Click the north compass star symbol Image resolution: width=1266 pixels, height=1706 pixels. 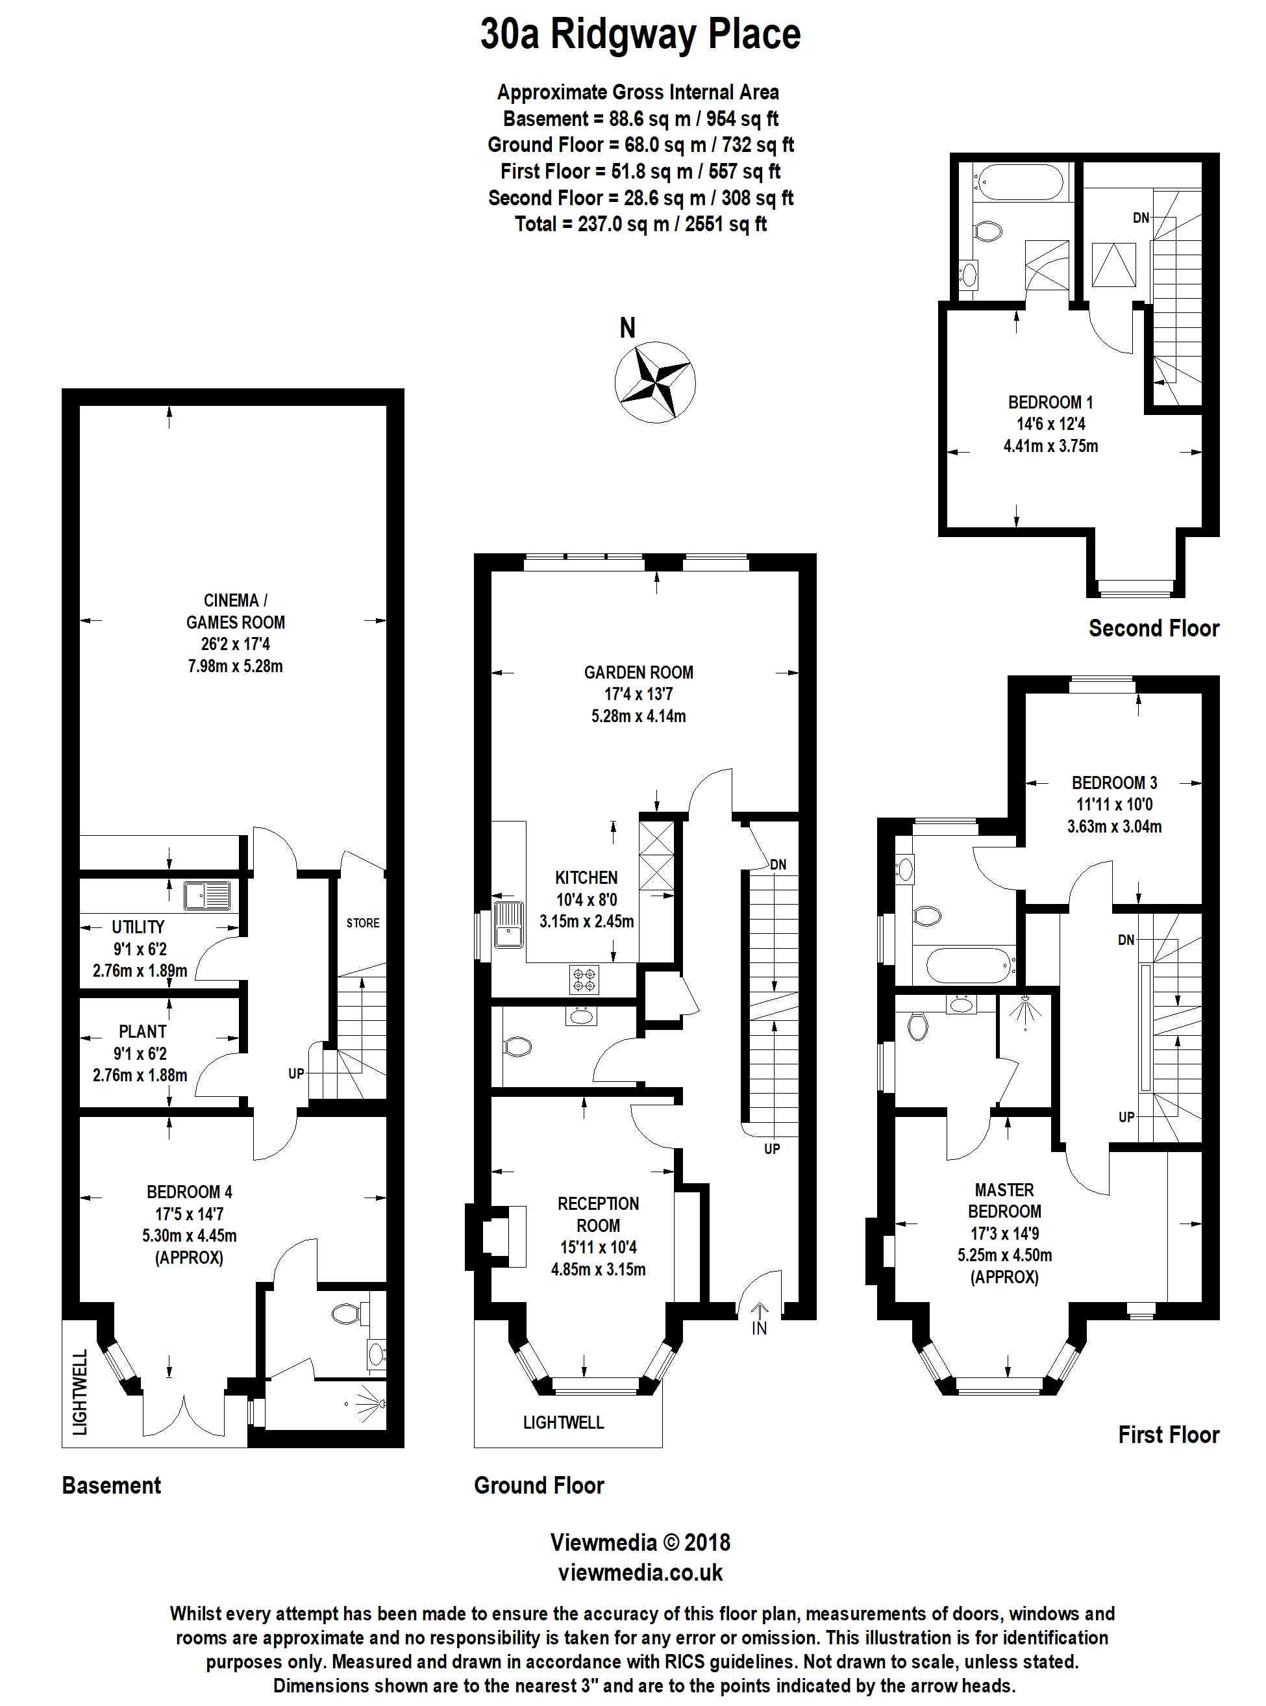point(654,381)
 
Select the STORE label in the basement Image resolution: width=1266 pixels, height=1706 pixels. point(362,923)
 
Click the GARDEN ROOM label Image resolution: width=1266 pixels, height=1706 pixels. point(638,673)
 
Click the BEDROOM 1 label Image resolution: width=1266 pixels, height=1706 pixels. point(1050,403)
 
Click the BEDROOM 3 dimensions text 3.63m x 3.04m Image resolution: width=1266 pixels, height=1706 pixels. point(1114,827)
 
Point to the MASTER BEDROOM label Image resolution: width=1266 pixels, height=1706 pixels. point(1004,1201)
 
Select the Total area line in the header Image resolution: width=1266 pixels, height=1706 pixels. point(641,224)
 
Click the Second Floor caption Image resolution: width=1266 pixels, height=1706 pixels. point(1153,629)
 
